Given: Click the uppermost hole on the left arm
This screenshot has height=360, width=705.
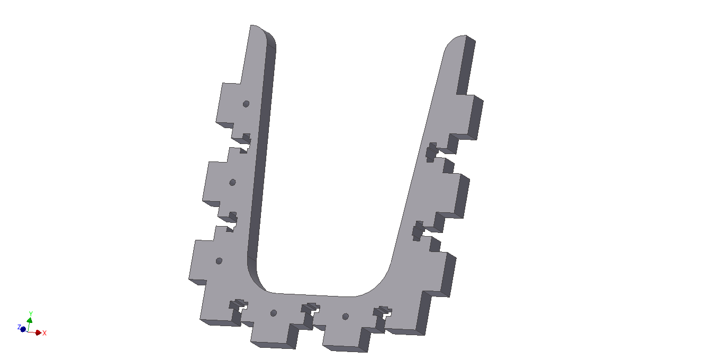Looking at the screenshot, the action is [246, 104].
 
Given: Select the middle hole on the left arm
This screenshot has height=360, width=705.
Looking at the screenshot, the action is [232, 183].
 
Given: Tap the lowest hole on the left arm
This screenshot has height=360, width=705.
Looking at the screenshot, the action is [219, 261].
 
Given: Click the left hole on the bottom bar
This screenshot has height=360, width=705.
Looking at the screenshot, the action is [274, 313].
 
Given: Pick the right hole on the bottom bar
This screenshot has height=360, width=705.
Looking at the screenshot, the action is [345, 317].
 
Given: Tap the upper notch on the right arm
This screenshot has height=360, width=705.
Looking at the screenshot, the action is [436, 152].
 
